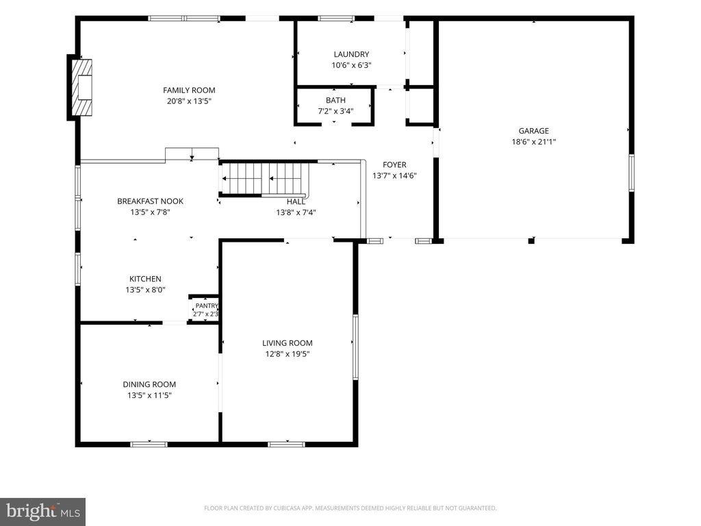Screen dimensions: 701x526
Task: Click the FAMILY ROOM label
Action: (189, 90)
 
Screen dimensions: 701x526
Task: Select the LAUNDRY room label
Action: (351, 54)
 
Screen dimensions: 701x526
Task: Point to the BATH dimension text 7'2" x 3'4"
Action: (335, 111)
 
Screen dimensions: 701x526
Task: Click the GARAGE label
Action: (533, 131)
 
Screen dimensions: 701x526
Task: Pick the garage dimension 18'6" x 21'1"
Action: (533, 142)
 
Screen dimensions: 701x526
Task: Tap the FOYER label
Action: (394, 165)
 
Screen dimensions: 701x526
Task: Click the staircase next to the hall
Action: (264, 179)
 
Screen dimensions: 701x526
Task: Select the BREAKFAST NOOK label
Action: (150, 201)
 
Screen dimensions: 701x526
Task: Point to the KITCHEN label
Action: (145, 279)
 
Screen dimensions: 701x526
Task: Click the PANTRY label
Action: (207, 306)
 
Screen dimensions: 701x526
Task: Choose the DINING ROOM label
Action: (149, 385)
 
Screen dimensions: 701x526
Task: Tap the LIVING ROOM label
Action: (287, 343)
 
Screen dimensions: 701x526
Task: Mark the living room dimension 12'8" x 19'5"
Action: (287, 354)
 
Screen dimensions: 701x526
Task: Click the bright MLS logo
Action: (42, 512)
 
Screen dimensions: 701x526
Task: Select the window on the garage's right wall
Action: (632, 173)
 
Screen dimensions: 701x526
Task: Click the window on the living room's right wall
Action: (356, 347)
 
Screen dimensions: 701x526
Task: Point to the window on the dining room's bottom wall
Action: (149, 444)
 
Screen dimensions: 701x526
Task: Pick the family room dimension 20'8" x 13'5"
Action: (189, 101)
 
